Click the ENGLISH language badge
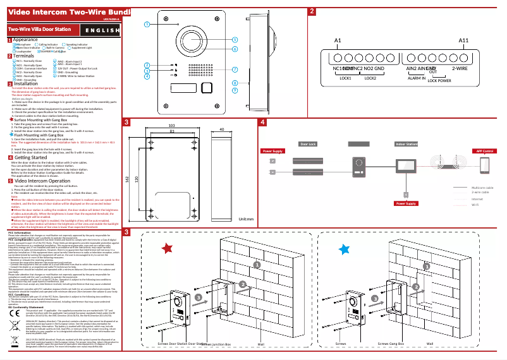click(104, 30)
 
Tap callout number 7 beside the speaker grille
click(235, 69)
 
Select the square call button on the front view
click(206, 88)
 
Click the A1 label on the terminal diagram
click(338, 40)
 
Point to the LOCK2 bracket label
click(370, 78)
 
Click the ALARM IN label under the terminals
click(416, 78)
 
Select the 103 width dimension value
click(172, 126)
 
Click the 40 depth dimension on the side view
click(221, 129)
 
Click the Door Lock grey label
click(308, 145)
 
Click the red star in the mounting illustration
click(167, 249)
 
